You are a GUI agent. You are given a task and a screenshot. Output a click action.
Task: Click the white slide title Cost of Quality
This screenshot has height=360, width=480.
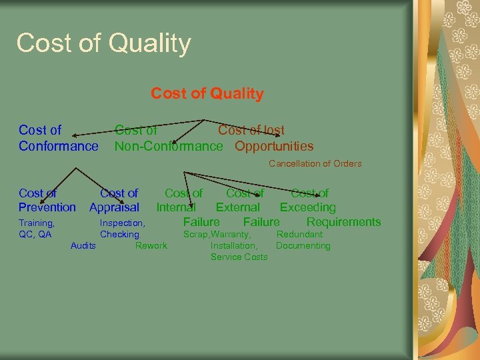point(103,44)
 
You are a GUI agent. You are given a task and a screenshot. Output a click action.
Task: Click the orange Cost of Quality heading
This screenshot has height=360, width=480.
point(207,94)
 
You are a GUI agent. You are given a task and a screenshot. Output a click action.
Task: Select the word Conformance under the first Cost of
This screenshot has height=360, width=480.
point(58,146)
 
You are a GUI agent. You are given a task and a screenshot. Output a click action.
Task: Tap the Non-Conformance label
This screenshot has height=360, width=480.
point(169,146)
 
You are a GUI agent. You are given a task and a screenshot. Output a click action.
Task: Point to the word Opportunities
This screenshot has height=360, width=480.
point(274,146)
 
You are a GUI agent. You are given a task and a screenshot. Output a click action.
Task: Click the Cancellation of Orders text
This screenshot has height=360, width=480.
point(315,164)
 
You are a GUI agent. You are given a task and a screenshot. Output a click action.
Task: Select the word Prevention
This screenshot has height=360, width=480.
point(47,207)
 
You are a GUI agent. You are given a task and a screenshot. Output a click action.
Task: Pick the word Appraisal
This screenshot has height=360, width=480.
point(114,207)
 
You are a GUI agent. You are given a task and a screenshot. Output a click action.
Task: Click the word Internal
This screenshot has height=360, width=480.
point(176,207)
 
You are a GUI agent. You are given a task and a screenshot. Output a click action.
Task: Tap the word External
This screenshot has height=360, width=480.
point(237,207)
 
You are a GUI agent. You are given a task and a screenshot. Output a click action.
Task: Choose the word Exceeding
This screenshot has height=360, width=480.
point(307,207)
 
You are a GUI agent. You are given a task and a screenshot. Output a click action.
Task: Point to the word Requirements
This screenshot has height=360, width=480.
point(343,222)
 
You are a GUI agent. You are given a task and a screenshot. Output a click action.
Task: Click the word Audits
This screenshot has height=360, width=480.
point(83,246)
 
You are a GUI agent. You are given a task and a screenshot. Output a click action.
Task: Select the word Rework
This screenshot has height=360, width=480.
point(151,246)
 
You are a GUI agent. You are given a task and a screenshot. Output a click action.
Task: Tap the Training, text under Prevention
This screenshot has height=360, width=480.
point(37,223)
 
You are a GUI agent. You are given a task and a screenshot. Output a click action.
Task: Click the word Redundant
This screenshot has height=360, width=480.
point(299,235)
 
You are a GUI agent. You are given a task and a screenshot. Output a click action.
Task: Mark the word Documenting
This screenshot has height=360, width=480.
point(303,246)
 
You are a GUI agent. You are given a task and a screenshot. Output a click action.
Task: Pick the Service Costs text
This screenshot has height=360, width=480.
point(239,257)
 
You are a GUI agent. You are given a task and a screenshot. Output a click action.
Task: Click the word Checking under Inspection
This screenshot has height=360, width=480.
point(119,235)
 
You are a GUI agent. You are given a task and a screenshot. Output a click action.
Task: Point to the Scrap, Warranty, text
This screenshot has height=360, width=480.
point(217,235)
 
